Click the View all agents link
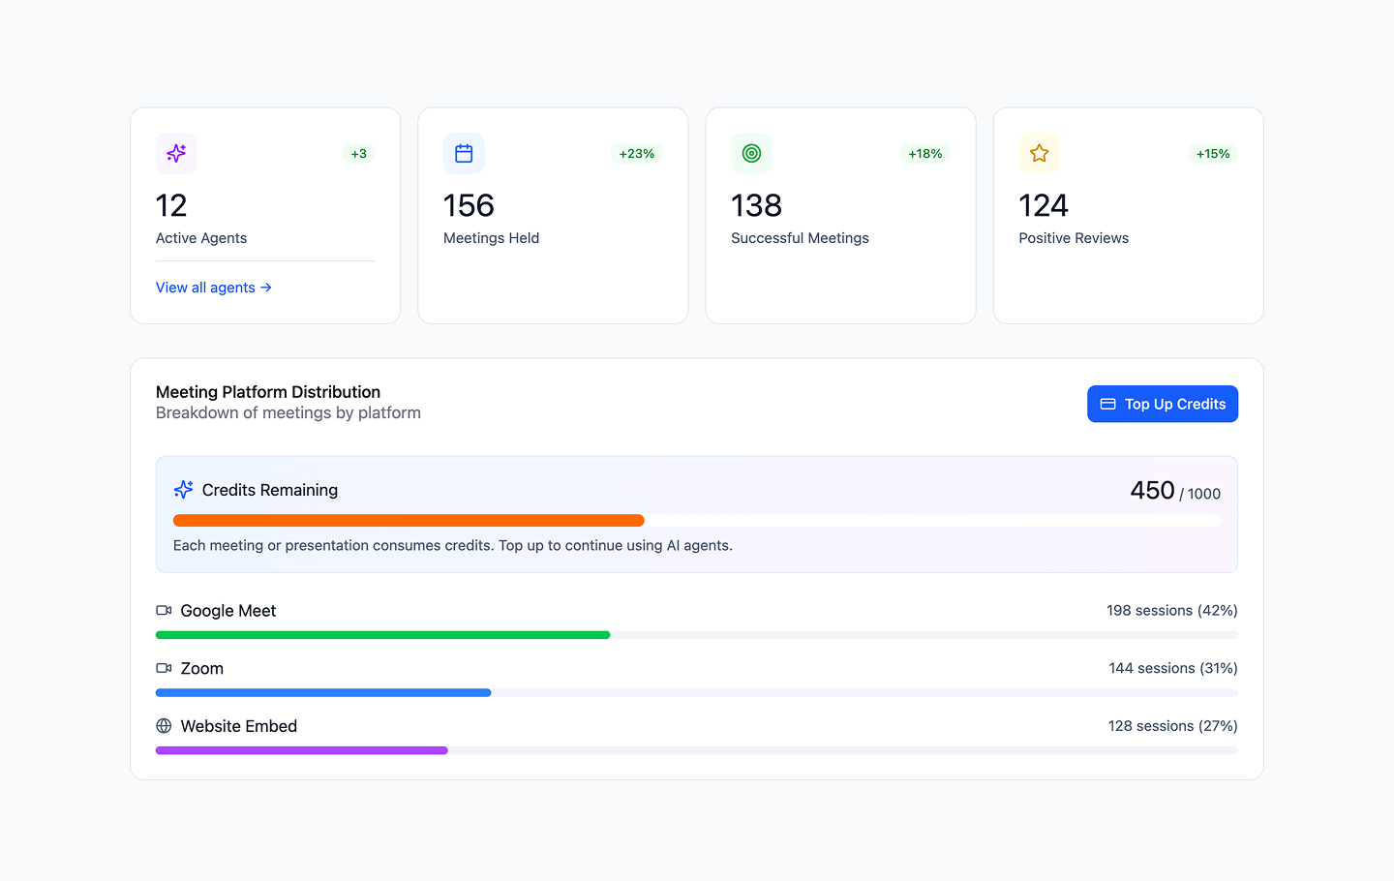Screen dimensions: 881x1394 (213, 288)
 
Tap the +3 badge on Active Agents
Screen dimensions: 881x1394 (358, 154)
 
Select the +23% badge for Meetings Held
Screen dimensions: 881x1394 (636, 154)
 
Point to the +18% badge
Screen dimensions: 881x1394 (924, 154)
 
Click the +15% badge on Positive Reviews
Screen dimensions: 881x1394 (1212, 154)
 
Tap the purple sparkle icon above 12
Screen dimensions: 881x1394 (176, 153)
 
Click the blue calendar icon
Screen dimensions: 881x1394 (464, 153)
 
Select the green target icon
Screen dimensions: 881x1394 (751, 153)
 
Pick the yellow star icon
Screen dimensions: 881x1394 (1039, 153)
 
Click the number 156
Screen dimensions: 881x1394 (469, 205)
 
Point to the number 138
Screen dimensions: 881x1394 (756, 205)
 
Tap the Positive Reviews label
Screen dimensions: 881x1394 (1074, 238)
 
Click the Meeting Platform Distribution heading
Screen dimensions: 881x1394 (268, 392)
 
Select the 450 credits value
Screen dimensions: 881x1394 (1152, 491)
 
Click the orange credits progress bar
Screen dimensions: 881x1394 (409, 521)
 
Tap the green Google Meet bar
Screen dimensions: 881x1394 (382, 635)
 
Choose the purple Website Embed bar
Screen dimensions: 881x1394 (301, 750)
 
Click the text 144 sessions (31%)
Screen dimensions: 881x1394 (1172, 668)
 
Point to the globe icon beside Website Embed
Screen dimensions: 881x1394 (164, 726)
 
